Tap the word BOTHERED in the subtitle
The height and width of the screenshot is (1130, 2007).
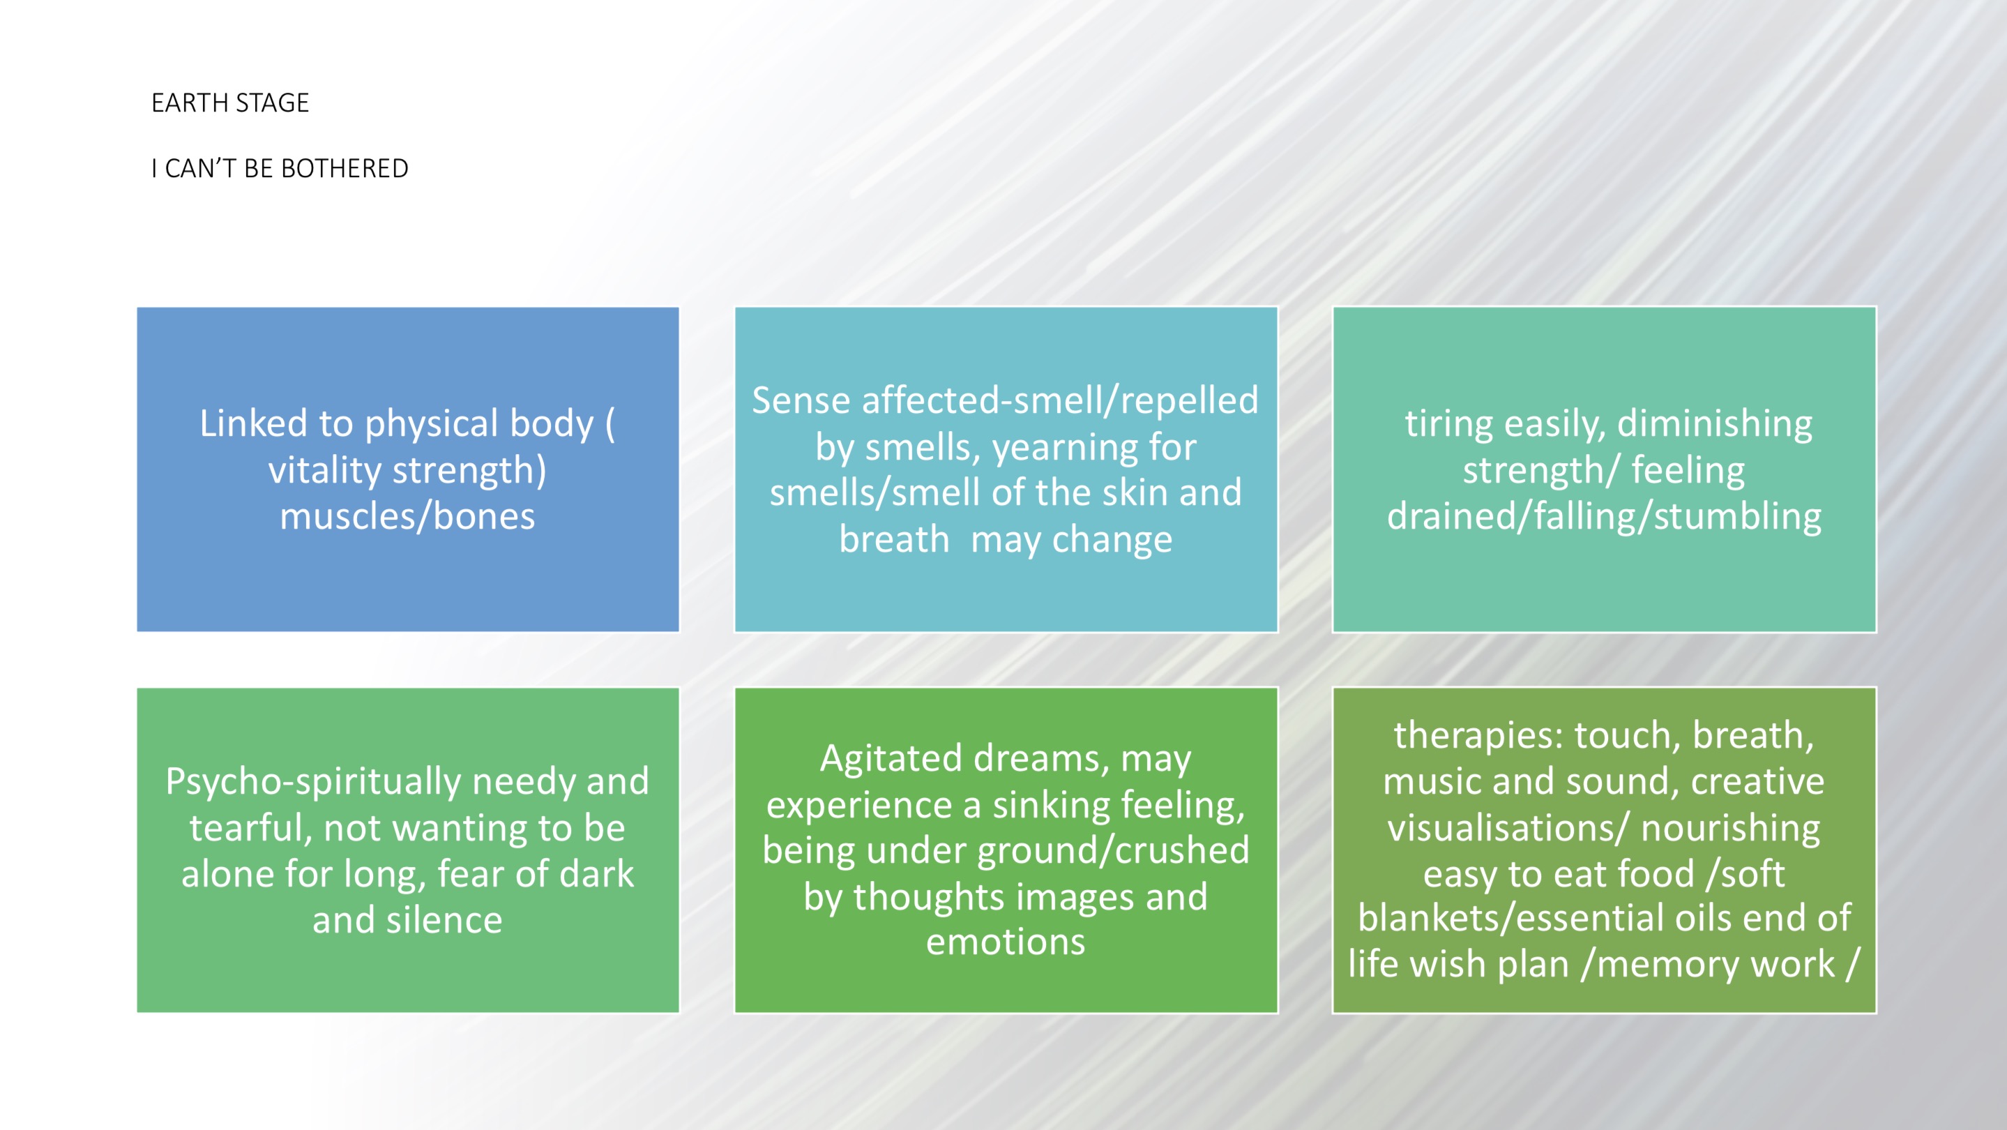(x=344, y=168)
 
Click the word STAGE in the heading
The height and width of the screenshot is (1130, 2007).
(x=272, y=103)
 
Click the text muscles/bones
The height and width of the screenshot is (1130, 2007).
(x=407, y=516)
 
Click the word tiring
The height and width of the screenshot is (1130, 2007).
(x=1449, y=425)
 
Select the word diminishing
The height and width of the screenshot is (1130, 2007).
(x=1715, y=425)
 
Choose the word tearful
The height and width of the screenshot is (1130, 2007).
(x=251, y=828)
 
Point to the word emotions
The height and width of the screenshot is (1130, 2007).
(x=1005, y=942)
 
